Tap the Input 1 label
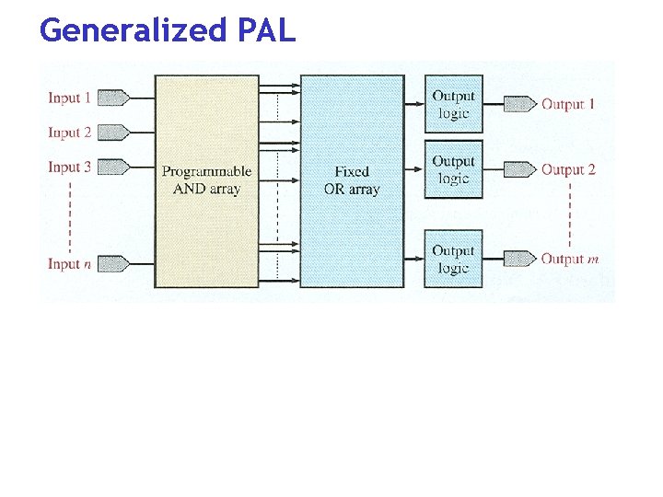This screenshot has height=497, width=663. tap(70, 98)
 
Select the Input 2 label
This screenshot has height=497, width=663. tap(70, 133)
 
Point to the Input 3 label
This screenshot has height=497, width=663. tap(70, 168)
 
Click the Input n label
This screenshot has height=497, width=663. tap(70, 264)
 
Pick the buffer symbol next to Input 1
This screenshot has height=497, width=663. tap(112, 98)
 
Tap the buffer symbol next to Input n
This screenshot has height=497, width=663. tap(112, 264)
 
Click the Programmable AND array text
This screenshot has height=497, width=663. tap(206, 180)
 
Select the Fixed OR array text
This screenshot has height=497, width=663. tap(352, 180)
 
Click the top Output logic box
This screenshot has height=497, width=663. tap(453, 104)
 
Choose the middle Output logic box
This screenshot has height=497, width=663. tap(453, 169)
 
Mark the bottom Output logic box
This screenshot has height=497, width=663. tap(453, 259)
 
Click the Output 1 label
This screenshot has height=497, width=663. tap(568, 104)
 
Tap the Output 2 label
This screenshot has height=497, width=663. tap(568, 169)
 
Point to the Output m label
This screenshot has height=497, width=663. tap(570, 259)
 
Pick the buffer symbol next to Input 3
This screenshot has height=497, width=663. tap(112, 168)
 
